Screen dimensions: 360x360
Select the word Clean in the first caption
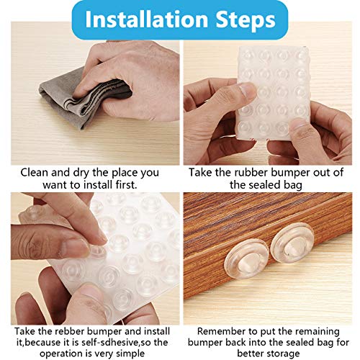(x=36, y=172)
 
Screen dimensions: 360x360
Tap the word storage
(x=291, y=354)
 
